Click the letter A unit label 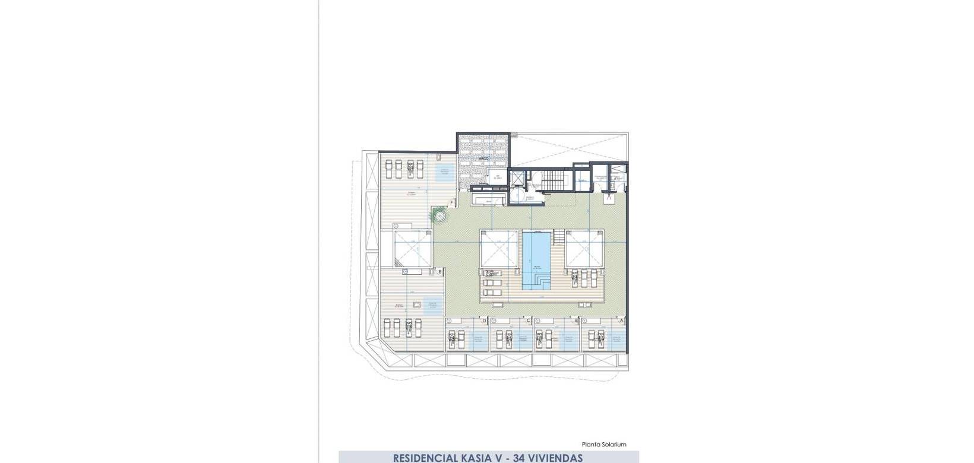[621, 320]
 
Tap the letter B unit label [576, 320]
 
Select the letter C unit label [529, 320]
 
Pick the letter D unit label [484, 320]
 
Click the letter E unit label [439, 272]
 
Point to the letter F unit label [452, 203]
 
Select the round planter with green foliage [439, 215]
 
